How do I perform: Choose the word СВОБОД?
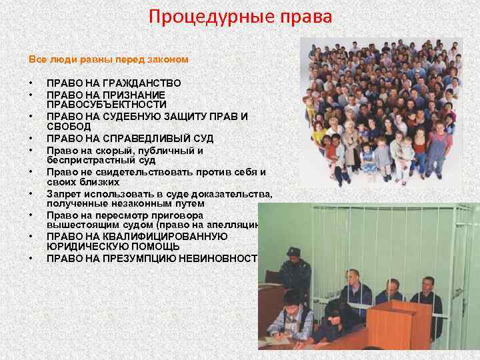[x=66, y=127]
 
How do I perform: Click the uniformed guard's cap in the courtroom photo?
[x=293, y=251]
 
